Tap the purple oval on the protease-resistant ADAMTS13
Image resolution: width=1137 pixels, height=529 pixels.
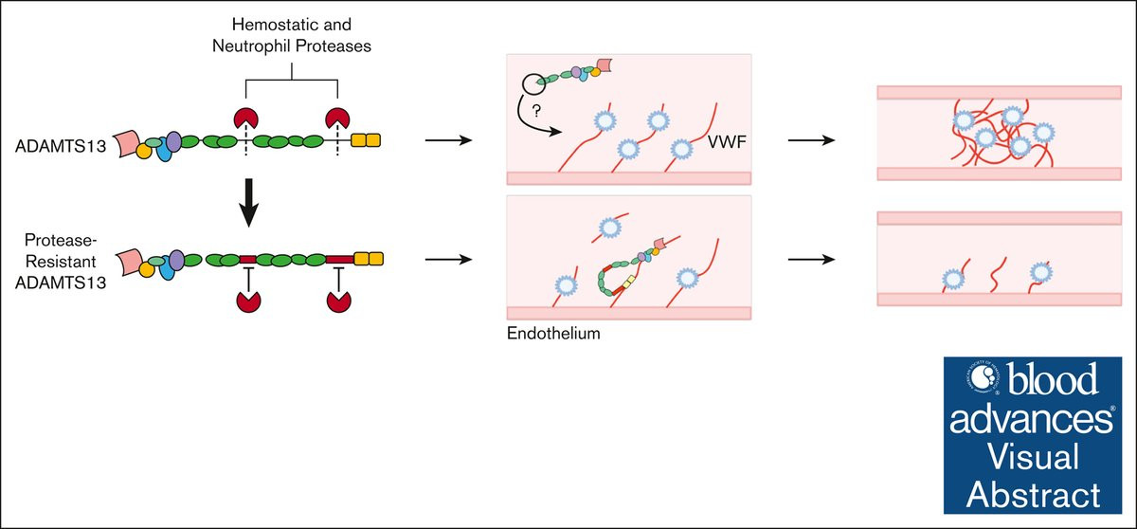[x=175, y=253]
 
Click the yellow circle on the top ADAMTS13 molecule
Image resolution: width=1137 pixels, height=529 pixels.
[x=144, y=150]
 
